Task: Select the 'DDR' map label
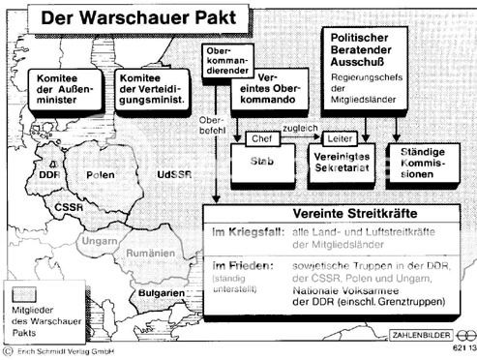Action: [x=47, y=175]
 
